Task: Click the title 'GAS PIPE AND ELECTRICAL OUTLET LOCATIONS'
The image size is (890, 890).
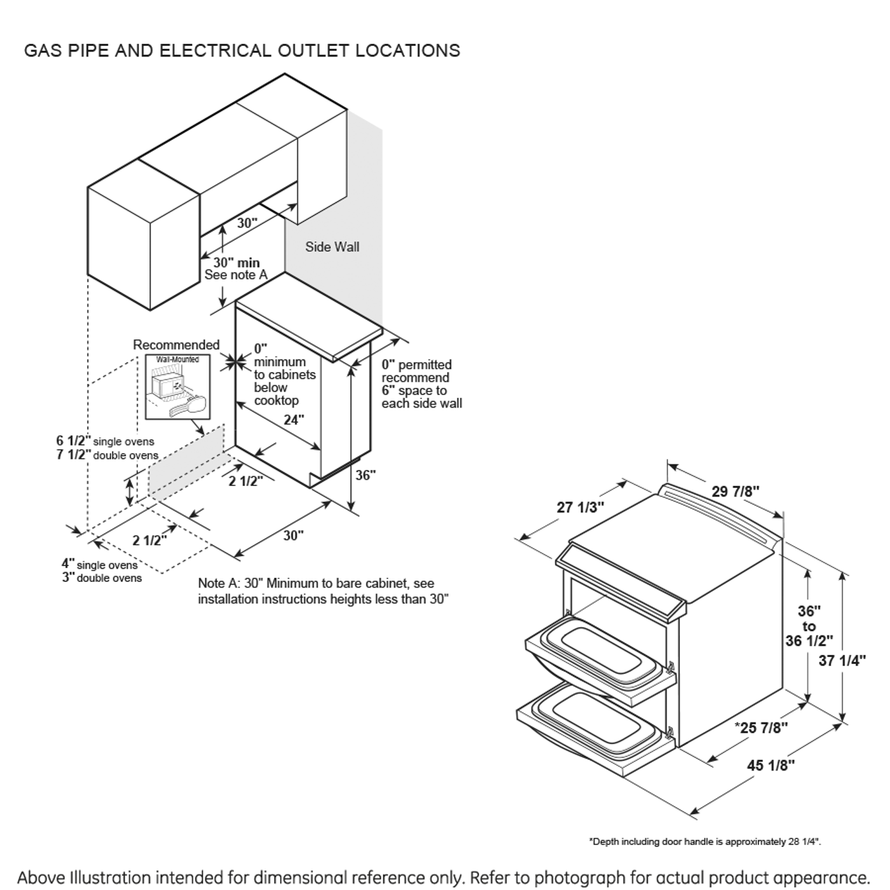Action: point(242,51)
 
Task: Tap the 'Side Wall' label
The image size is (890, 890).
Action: point(332,247)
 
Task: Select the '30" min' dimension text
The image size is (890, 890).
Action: point(236,263)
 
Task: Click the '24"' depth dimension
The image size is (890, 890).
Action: point(293,420)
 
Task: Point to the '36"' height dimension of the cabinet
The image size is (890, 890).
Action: point(366,476)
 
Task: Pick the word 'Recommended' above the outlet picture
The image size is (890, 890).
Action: point(176,345)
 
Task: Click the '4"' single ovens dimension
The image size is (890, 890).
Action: point(67,564)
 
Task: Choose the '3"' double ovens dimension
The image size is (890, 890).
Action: point(67,577)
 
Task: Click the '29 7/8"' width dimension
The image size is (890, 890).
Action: point(735,491)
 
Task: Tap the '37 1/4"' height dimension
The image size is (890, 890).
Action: point(842,661)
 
